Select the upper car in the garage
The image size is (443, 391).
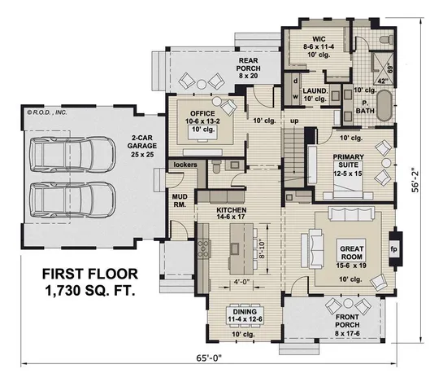[79, 154]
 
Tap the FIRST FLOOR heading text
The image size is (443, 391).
[80, 273]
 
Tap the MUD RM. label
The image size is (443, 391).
[180, 201]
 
